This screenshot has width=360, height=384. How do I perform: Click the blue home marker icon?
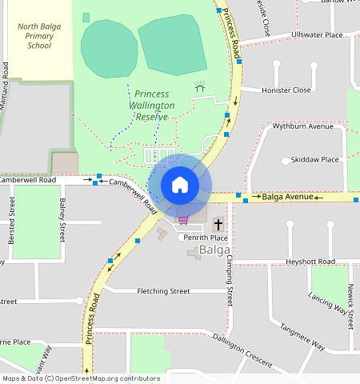click(180, 185)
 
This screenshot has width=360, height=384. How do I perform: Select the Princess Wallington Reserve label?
click(152, 105)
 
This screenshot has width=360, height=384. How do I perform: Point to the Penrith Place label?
click(206, 238)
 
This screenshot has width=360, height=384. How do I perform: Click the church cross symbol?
click(218, 225)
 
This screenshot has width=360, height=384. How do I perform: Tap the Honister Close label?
click(286, 90)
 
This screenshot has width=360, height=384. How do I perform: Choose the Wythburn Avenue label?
click(302, 126)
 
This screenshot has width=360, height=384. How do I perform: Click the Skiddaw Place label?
click(315, 159)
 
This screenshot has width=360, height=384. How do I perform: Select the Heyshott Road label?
click(310, 262)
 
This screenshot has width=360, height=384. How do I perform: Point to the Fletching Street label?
click(163, 291)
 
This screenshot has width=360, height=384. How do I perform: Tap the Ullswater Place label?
click(317, 35)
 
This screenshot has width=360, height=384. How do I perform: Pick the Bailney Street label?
click(62, 220)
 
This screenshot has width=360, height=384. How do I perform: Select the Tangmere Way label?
click(302, 337)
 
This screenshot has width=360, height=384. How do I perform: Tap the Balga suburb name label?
click(215, 250)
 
